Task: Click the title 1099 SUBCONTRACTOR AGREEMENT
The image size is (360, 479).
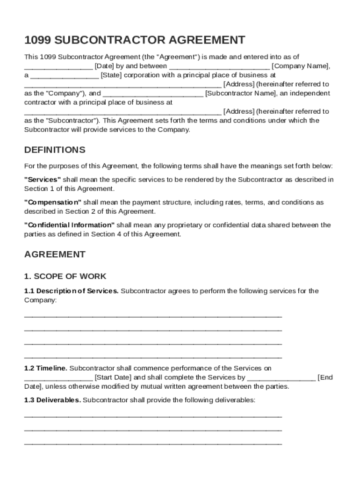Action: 135,40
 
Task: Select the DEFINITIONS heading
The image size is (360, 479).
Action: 55,150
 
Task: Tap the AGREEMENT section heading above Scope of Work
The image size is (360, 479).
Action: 55,254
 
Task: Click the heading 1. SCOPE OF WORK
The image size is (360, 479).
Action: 65,276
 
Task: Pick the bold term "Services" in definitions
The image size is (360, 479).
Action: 43,180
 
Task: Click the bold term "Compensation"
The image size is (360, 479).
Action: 53,203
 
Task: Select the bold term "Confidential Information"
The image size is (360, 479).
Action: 69,225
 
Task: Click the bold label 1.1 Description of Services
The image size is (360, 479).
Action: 72,291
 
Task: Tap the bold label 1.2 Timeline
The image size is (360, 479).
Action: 46,369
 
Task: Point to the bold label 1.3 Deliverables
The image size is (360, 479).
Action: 53,400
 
